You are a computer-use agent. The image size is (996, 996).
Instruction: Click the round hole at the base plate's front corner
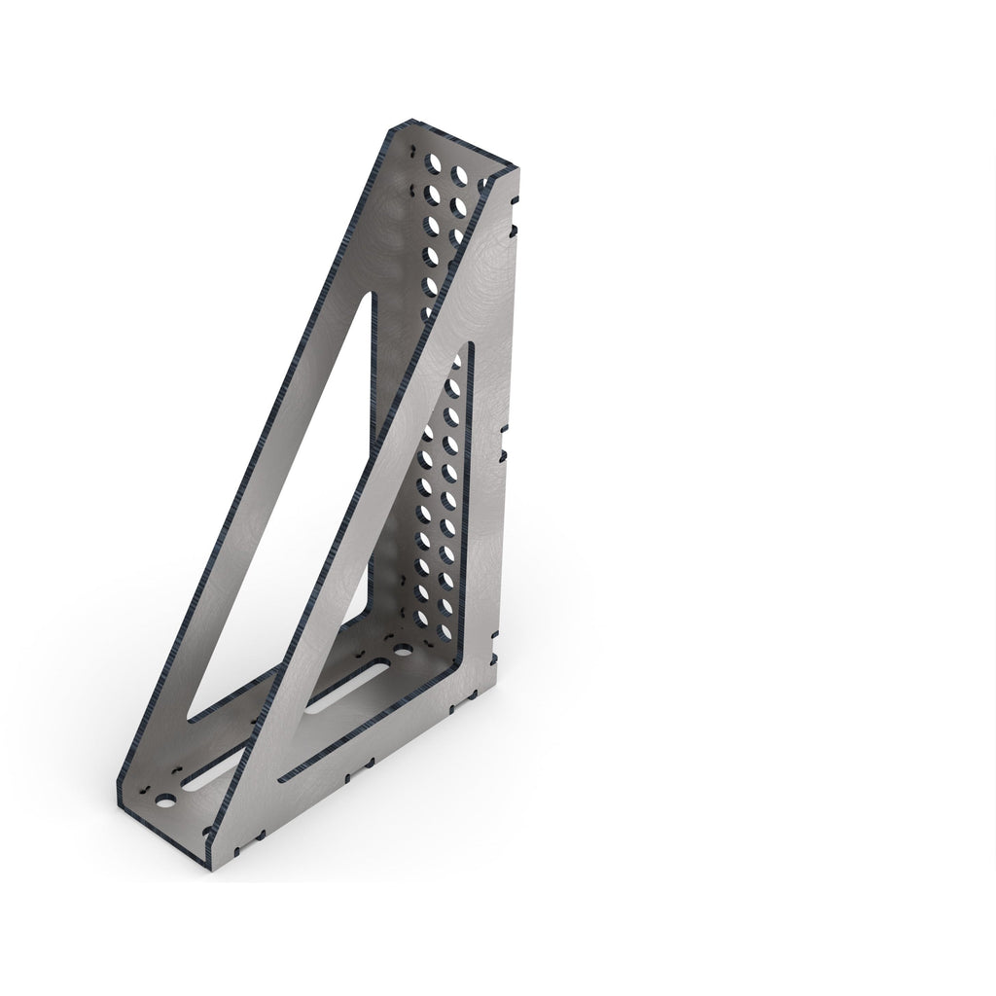[166, 802]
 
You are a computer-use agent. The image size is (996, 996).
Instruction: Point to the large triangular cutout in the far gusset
[282, 506]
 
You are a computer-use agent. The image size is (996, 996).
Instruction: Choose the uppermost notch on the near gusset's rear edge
[514, 229]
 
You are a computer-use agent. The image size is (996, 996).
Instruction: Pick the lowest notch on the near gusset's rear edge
[496, 637]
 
